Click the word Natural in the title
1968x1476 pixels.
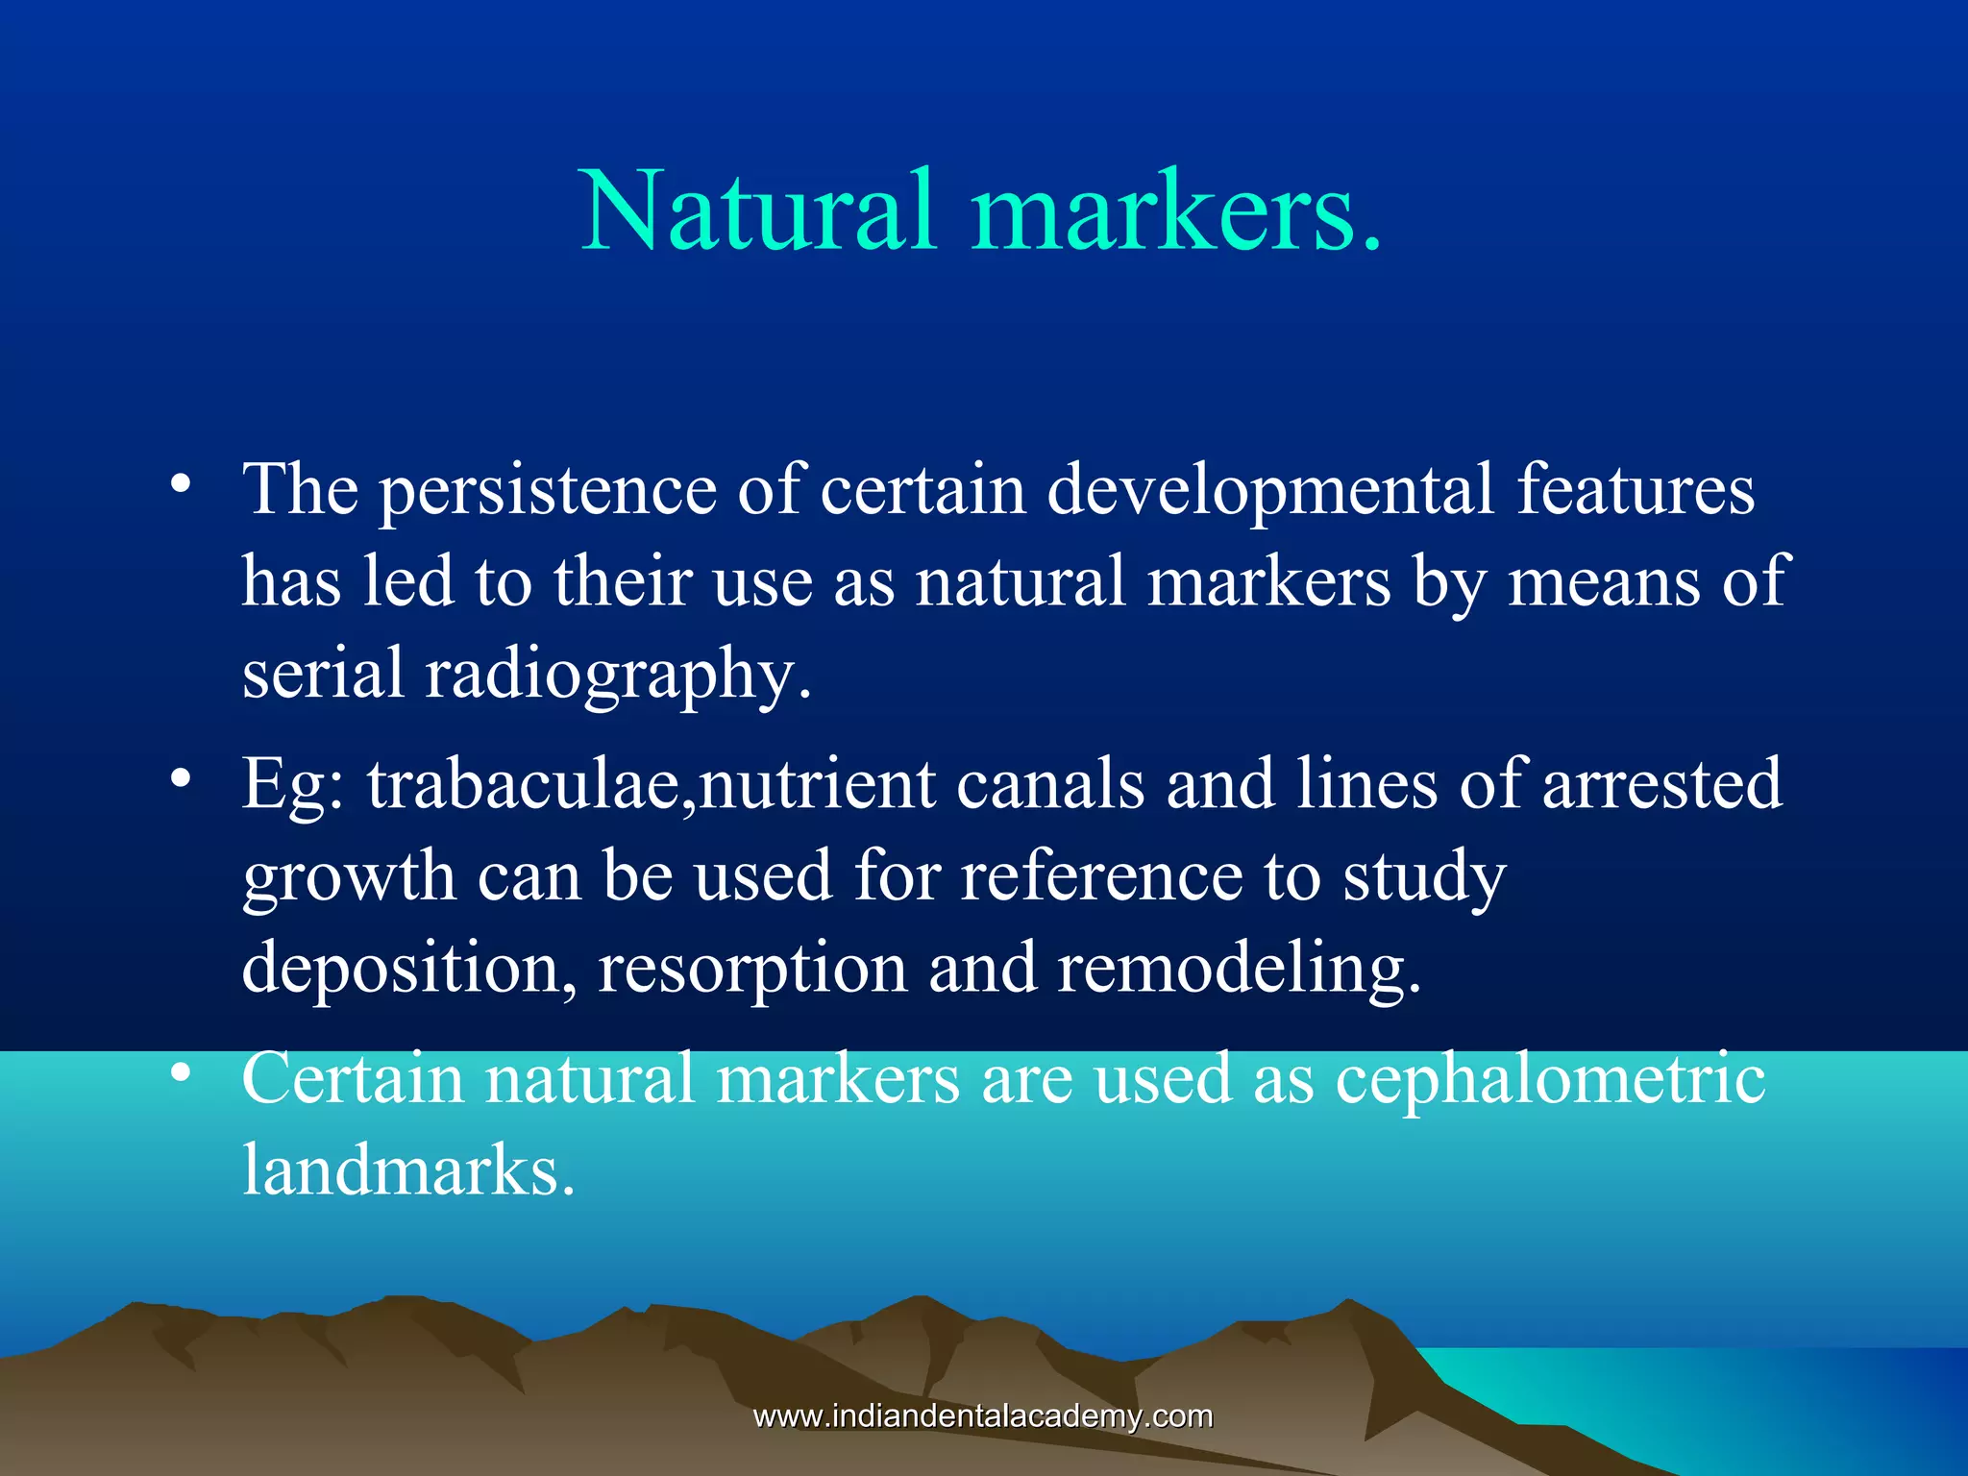pyautogui.click(x=759, y=211)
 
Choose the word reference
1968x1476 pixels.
pyautogui.click(x=1100, y=877)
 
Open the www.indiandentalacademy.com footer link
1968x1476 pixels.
pyautogui.click(x=983, y=1416)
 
